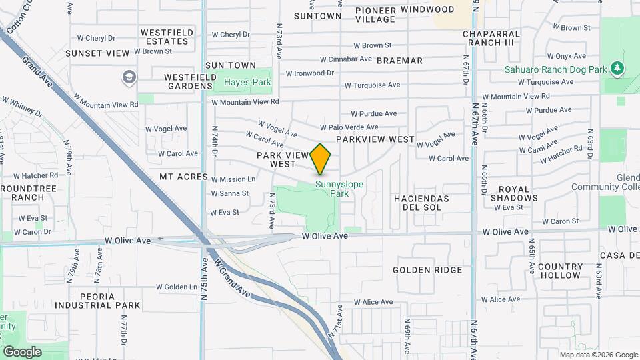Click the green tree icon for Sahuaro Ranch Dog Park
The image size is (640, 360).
[x=618, y=69]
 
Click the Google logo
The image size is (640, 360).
[x=22, y=351]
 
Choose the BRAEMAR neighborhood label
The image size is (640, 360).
[x=399, y=61]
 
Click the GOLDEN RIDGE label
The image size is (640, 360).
[x=427, y=270]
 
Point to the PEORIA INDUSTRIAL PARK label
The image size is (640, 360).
[x=98, y=300]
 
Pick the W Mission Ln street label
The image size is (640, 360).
[x=233, y=179]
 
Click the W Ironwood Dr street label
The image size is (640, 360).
[x=309, y=73]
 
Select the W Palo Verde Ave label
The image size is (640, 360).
[x=349, y=127]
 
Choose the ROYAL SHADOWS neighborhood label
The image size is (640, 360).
[x=514, y=193]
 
